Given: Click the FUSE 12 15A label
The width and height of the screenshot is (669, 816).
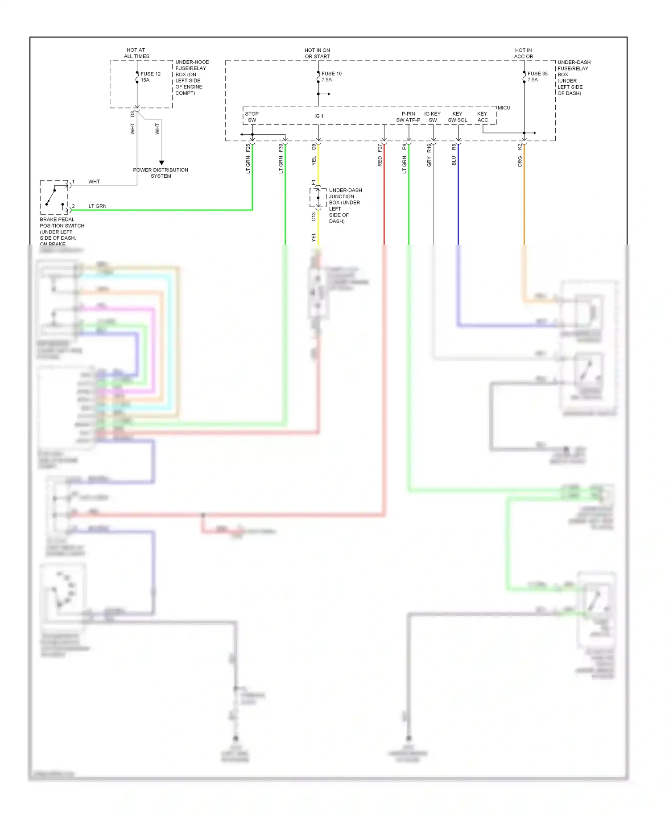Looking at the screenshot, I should pos(150,77).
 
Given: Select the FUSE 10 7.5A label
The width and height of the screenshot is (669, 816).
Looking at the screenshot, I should pos(331,76).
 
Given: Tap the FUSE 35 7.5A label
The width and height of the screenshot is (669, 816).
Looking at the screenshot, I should pos(537,76).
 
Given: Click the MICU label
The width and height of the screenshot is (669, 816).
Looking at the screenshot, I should pos(504,108).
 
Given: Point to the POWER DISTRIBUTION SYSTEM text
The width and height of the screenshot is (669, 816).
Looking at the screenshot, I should pos(161,173).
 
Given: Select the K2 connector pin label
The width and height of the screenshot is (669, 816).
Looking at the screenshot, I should pos(520,146).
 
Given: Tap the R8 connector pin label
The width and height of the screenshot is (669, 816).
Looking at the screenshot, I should pos(454,146).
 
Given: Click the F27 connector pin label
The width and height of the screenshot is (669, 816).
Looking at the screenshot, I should pos(380,147).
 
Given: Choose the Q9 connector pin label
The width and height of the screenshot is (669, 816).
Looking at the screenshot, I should pos(314,146).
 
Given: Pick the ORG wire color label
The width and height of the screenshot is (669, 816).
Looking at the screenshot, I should pos(520,162).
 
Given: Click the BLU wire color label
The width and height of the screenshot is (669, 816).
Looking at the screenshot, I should pos(454,161).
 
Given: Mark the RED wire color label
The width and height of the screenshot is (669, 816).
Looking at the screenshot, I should pos(380,162).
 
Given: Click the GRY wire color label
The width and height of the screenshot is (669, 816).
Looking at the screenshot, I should pos(429,162).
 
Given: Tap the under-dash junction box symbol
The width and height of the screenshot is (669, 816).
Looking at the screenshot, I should pos(318,198).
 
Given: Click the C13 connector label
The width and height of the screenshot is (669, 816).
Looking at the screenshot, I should pos(314,216).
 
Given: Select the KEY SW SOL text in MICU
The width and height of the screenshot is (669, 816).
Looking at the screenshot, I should pos(457,117).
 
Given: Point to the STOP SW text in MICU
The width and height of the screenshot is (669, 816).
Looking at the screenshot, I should pos(252,117).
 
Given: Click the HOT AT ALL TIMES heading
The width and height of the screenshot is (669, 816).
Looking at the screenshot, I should pos(136,53).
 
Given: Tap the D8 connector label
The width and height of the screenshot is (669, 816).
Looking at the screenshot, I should pos(132,114).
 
